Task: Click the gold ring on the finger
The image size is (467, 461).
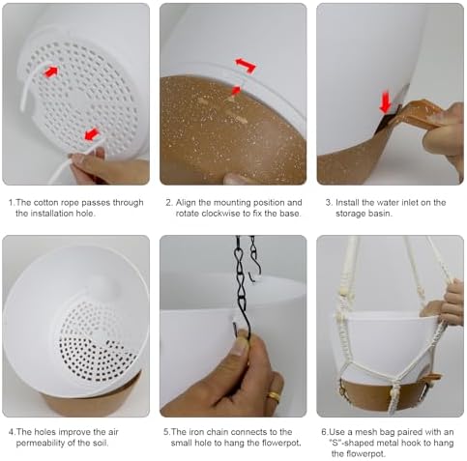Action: [275, 396]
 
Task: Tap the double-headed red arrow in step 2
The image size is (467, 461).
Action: [246, 65]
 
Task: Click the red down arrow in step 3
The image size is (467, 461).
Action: [386, 102]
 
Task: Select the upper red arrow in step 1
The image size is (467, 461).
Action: [51, 72]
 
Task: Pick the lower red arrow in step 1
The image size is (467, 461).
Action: [92, 134]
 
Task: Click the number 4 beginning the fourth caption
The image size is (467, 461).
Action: [12, 432]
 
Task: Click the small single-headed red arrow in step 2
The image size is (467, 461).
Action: [236, 90]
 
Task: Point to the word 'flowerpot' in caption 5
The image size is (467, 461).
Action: [280, 443]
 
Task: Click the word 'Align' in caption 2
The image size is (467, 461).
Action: [186, 203]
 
